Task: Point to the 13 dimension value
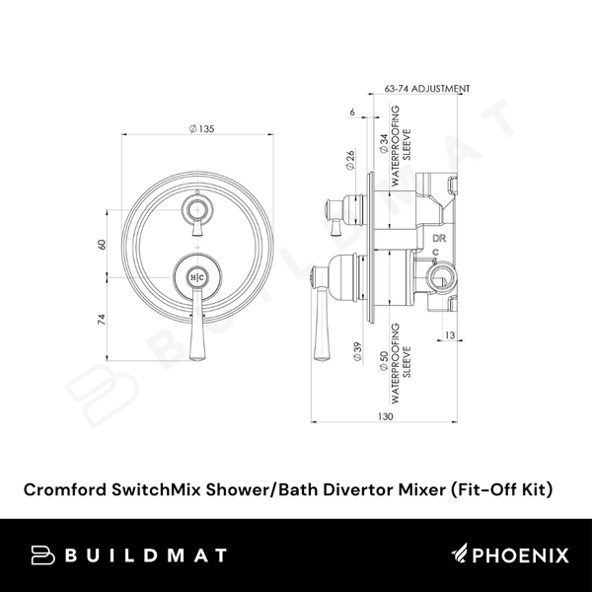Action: [x=449, y=336]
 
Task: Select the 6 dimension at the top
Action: [x=352, y=112]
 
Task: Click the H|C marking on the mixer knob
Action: [x=196, y=278]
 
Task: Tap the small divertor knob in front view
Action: [x=197, y=209]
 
